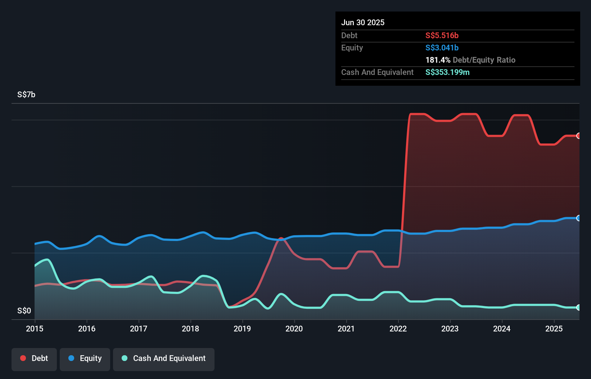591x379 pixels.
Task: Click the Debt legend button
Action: point(34,359)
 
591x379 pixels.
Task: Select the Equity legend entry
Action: point(85,359)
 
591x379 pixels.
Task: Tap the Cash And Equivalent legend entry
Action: point(164,359)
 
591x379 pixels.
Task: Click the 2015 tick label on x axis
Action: point(35,329)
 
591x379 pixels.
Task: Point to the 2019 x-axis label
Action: point(242,329)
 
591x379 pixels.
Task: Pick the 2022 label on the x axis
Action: point(398,329)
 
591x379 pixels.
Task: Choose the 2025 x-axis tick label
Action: point(554,329)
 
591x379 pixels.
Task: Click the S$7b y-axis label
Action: point(26,94)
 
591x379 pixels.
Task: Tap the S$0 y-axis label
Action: point(24,311)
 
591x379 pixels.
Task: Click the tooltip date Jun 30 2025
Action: point(363,22)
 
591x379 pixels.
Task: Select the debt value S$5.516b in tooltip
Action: point(442,35)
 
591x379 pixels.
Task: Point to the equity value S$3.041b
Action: point(442,48)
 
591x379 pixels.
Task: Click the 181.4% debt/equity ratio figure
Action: point(438,60)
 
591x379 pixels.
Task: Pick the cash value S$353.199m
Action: point(447,72)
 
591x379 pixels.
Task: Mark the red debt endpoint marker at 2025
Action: point(578,136)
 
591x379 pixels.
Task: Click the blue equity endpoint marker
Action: point(578,218)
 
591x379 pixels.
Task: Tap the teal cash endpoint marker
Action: point(578,307)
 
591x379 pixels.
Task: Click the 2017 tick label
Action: point(139,329)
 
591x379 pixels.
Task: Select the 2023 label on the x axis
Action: point(450,329)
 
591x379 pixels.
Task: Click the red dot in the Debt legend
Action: point(23,358)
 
